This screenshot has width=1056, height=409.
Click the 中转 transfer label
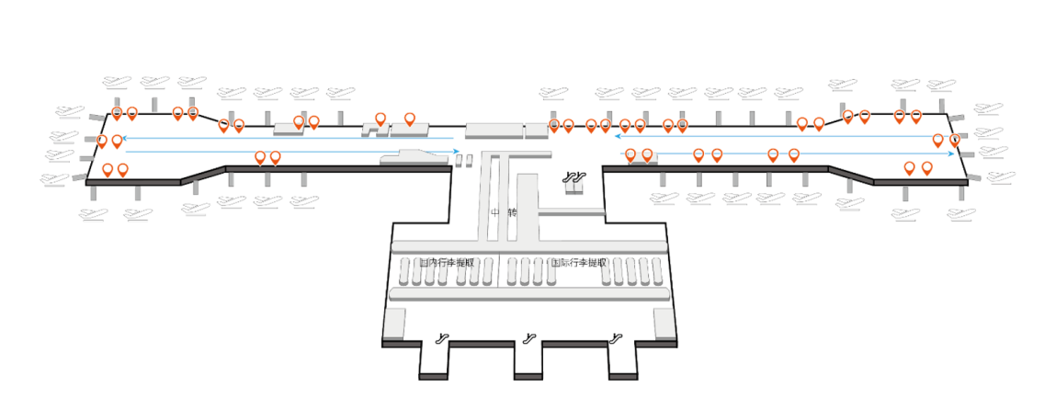tap(504, 212)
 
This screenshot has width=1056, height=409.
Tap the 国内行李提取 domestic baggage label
tap(447, 263)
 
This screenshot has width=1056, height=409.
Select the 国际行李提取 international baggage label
tap(578, 263)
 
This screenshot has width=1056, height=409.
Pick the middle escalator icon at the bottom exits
tap(528, 338)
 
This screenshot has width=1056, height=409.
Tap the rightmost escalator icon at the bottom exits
tap(614, 338)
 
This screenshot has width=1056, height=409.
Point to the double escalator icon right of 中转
tap(575, 176)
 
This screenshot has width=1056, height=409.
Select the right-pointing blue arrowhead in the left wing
tap(455, 152)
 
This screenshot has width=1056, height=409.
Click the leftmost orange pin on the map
tap(102, 141)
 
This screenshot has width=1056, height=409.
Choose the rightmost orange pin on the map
tap(955, 140)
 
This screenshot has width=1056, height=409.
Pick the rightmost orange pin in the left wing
tap(410, 119)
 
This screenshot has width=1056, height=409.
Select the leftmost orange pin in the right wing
tap(553, 125)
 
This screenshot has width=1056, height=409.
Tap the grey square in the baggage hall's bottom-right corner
tap(664, 323)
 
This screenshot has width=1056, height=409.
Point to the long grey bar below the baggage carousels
tap(528, 294)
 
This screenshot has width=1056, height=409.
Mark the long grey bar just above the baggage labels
tap(528, 246)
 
